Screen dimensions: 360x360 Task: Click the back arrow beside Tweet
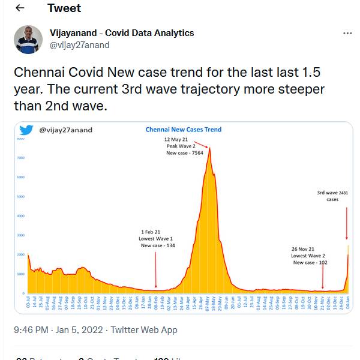tap(20, 8)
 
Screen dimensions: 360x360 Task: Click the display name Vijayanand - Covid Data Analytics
tap(122, 33)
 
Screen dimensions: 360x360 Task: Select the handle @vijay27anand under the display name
tap(79, 44)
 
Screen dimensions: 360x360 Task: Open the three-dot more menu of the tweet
tap(347, 34)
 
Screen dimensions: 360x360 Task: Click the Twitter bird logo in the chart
tap(26, 130)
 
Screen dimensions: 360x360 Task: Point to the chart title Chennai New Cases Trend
tap(184, 129)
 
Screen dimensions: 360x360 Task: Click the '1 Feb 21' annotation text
tap(151, 232)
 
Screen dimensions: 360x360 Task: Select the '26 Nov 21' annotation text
tap(303, 248)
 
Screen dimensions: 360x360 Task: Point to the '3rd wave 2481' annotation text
tap(332, 193)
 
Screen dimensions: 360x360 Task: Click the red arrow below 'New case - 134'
tap(156, 270)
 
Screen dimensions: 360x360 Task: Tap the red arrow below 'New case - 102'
tap(323, 277)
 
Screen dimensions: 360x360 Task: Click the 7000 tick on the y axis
tap(20, 158)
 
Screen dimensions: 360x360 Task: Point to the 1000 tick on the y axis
tap(20, 274)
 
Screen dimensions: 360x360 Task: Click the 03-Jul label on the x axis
tap(29, 303)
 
